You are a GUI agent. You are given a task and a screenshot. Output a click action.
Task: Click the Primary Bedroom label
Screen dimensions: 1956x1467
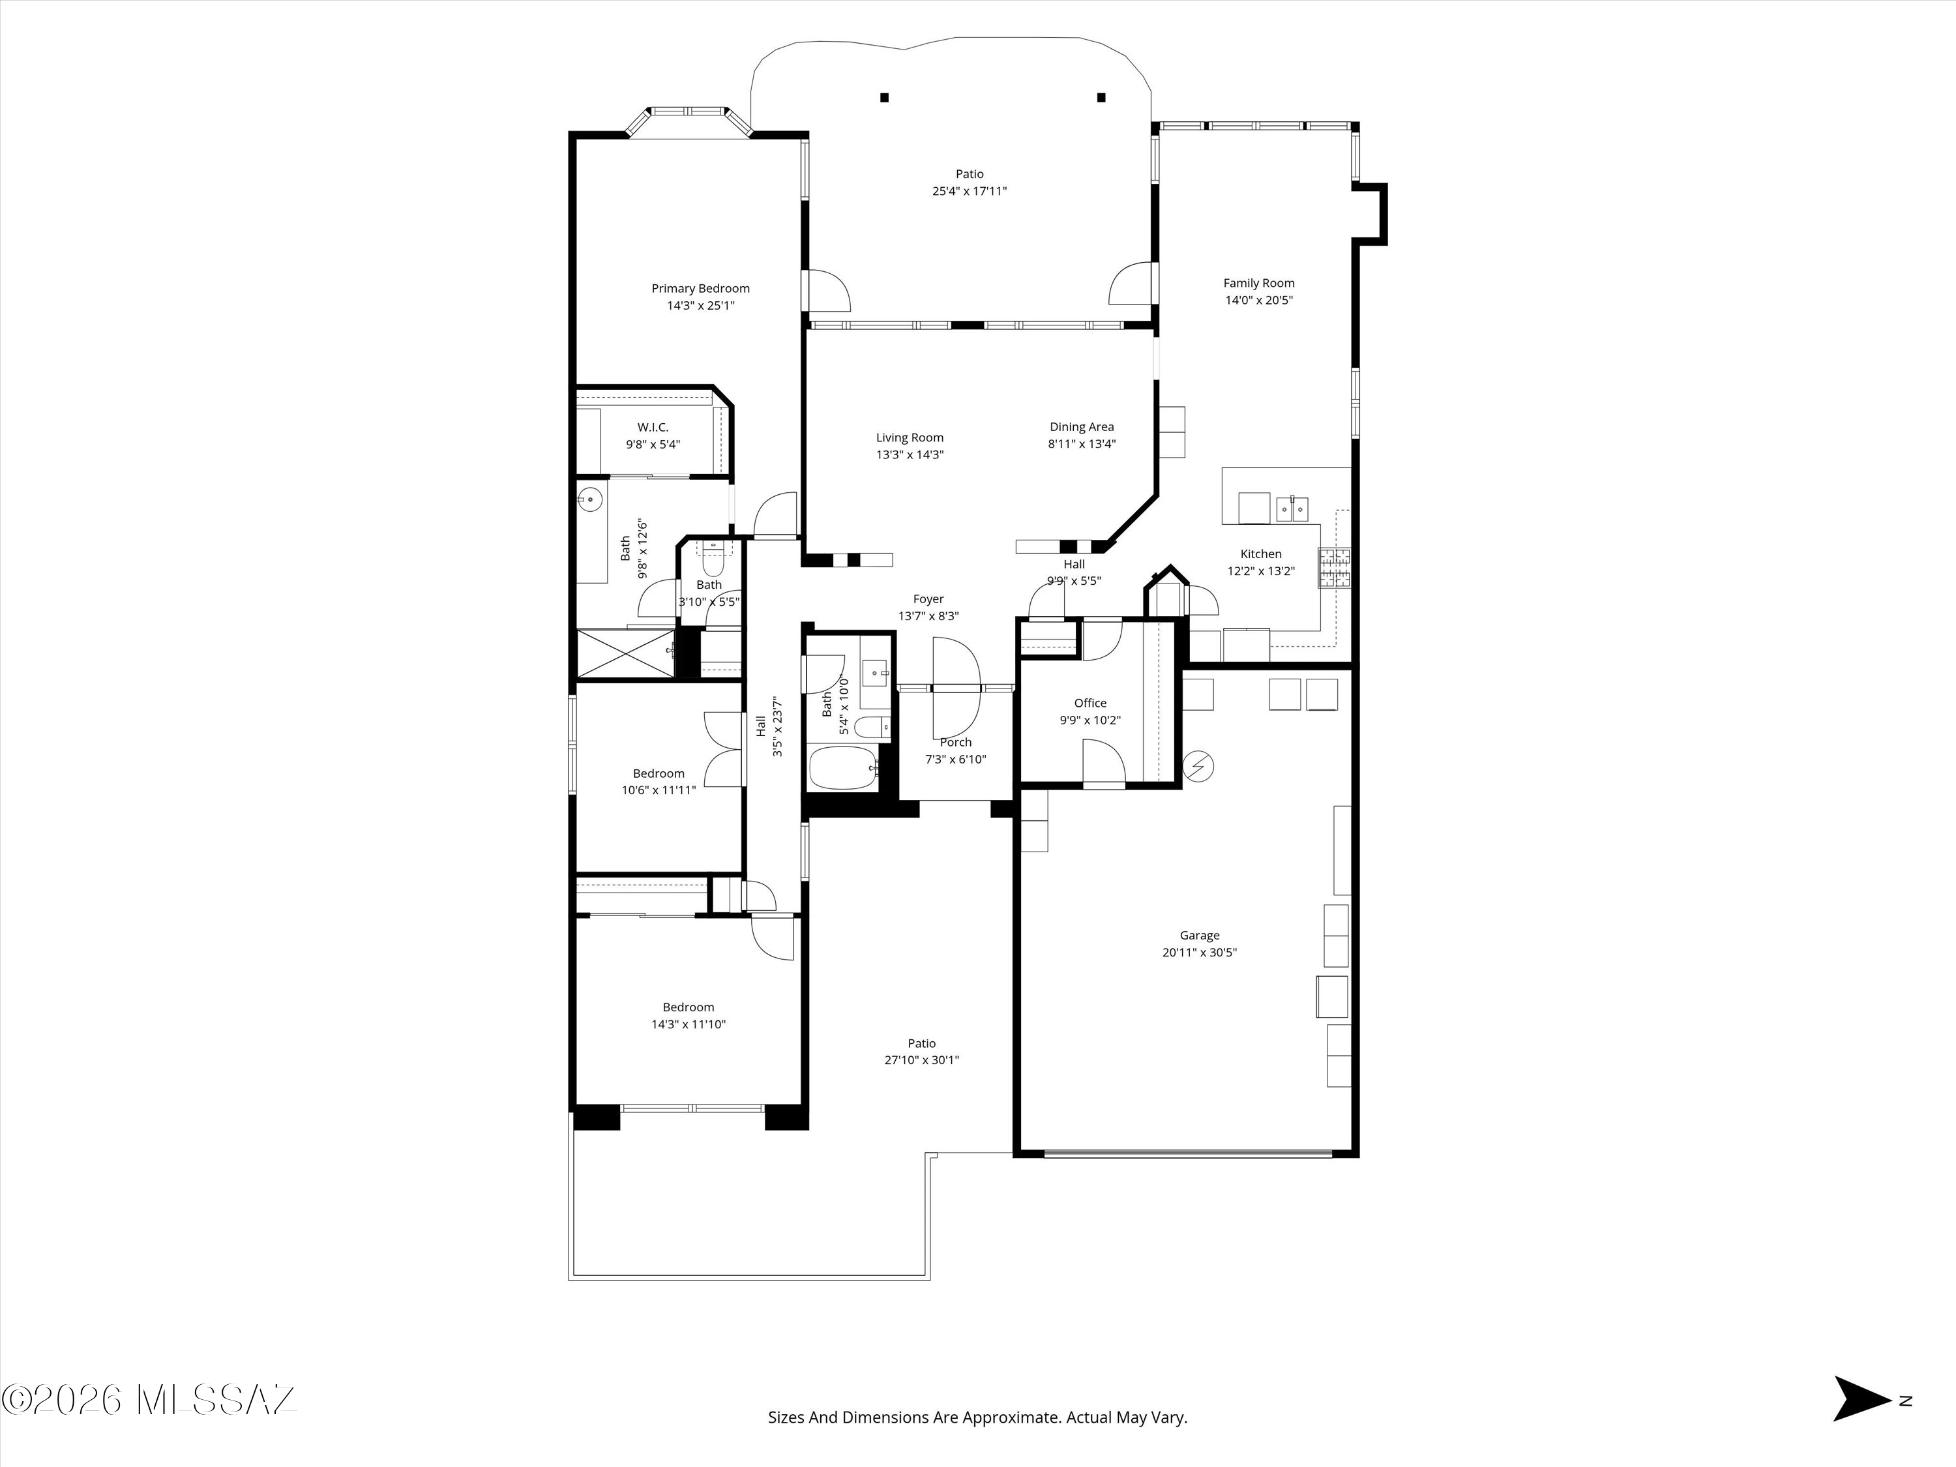700,288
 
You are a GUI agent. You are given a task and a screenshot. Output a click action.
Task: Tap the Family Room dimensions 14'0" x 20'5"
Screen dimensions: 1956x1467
1259,301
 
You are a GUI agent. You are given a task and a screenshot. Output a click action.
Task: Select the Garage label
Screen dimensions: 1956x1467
1199,936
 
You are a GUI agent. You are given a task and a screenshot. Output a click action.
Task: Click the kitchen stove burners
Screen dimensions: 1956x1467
1335,568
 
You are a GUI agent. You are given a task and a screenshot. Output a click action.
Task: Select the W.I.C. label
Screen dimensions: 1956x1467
653,428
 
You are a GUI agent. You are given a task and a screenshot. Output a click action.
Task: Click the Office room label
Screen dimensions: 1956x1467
1090,703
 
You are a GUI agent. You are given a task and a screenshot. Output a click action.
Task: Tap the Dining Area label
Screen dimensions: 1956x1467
1082,427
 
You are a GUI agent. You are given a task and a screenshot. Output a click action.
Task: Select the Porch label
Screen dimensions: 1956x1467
956,743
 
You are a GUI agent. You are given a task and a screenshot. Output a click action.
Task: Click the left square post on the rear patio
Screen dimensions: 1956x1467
884,97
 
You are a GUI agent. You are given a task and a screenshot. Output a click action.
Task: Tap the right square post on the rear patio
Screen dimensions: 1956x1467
1101,97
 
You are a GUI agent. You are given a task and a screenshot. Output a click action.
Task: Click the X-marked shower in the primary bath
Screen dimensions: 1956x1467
626,653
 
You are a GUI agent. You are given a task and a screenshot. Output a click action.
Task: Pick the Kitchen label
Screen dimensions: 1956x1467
1261,554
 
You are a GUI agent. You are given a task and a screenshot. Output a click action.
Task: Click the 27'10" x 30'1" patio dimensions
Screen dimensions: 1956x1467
921,1060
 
